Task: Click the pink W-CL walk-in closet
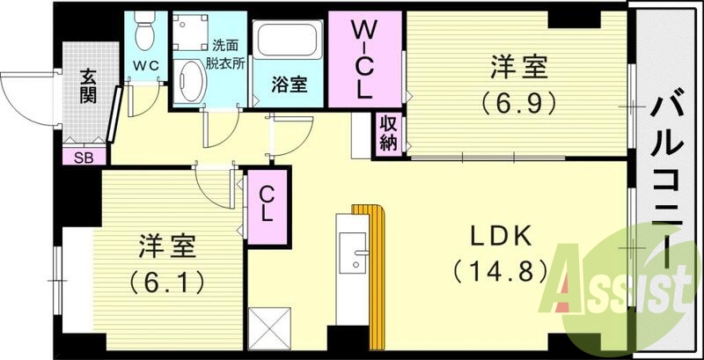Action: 364,59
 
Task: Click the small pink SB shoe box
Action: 84,158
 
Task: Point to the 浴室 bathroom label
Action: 288,85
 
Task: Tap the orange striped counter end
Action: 370,211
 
